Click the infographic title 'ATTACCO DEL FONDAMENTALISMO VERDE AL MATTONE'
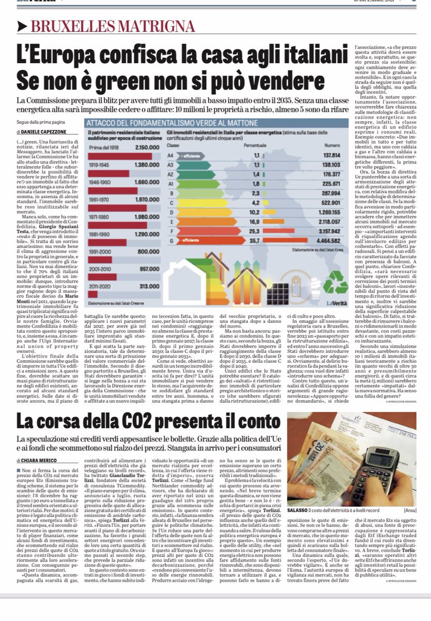[x=172, y=123]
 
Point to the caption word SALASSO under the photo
[x=302, y=523]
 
